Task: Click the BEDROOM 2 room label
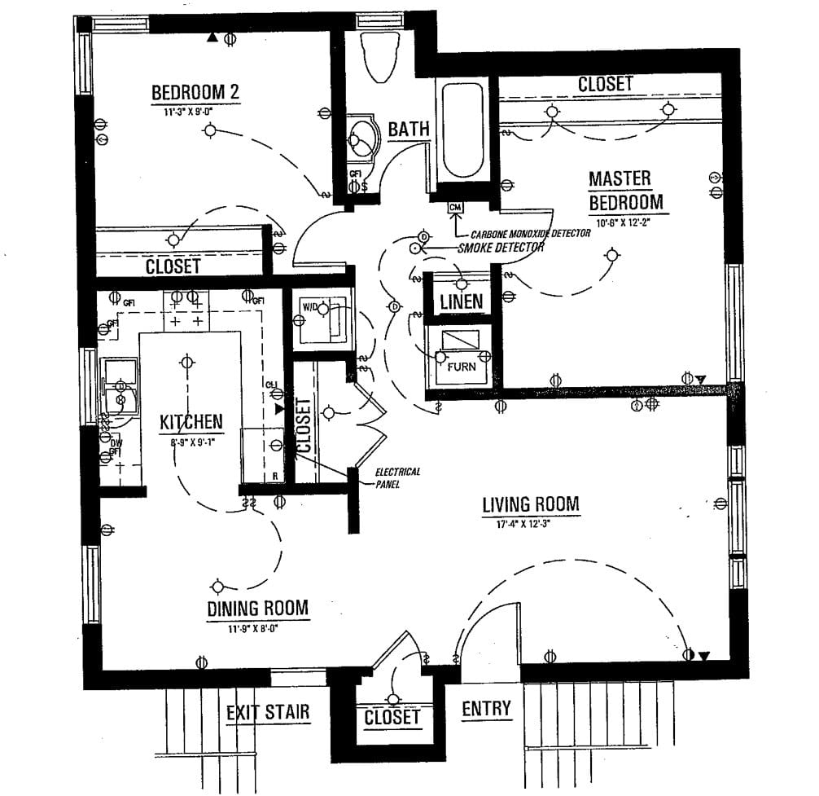pos(195,92)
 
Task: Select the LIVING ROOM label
pos(531,504)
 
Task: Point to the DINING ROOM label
pos(257,608)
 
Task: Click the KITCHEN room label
pos(191,422)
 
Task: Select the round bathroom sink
pos(361,140)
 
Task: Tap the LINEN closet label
pos(461,301)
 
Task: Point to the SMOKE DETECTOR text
pos(501,247)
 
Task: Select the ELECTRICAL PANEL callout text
pos(397,478)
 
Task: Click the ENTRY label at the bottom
pos(486,709)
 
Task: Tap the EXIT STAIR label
pos(268,712)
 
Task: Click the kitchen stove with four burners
pos(186,310)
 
